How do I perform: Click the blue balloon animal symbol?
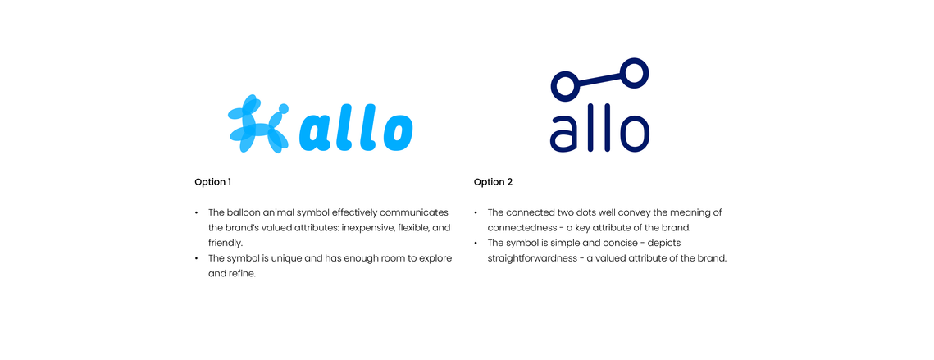coord(258,124)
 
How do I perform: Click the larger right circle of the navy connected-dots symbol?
coord(634,73)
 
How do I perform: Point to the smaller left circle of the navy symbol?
coord(565,84)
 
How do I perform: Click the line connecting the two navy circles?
coord(599,79)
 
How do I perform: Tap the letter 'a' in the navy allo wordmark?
coord(566,134)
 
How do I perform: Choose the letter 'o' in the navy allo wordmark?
coord(631,134)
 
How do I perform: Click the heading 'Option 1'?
coord(212,182)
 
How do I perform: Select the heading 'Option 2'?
coord(493,182)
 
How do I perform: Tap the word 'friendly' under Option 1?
coord(226,244)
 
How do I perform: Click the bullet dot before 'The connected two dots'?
coord(476,212)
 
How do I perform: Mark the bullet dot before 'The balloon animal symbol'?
coord(197,212)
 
